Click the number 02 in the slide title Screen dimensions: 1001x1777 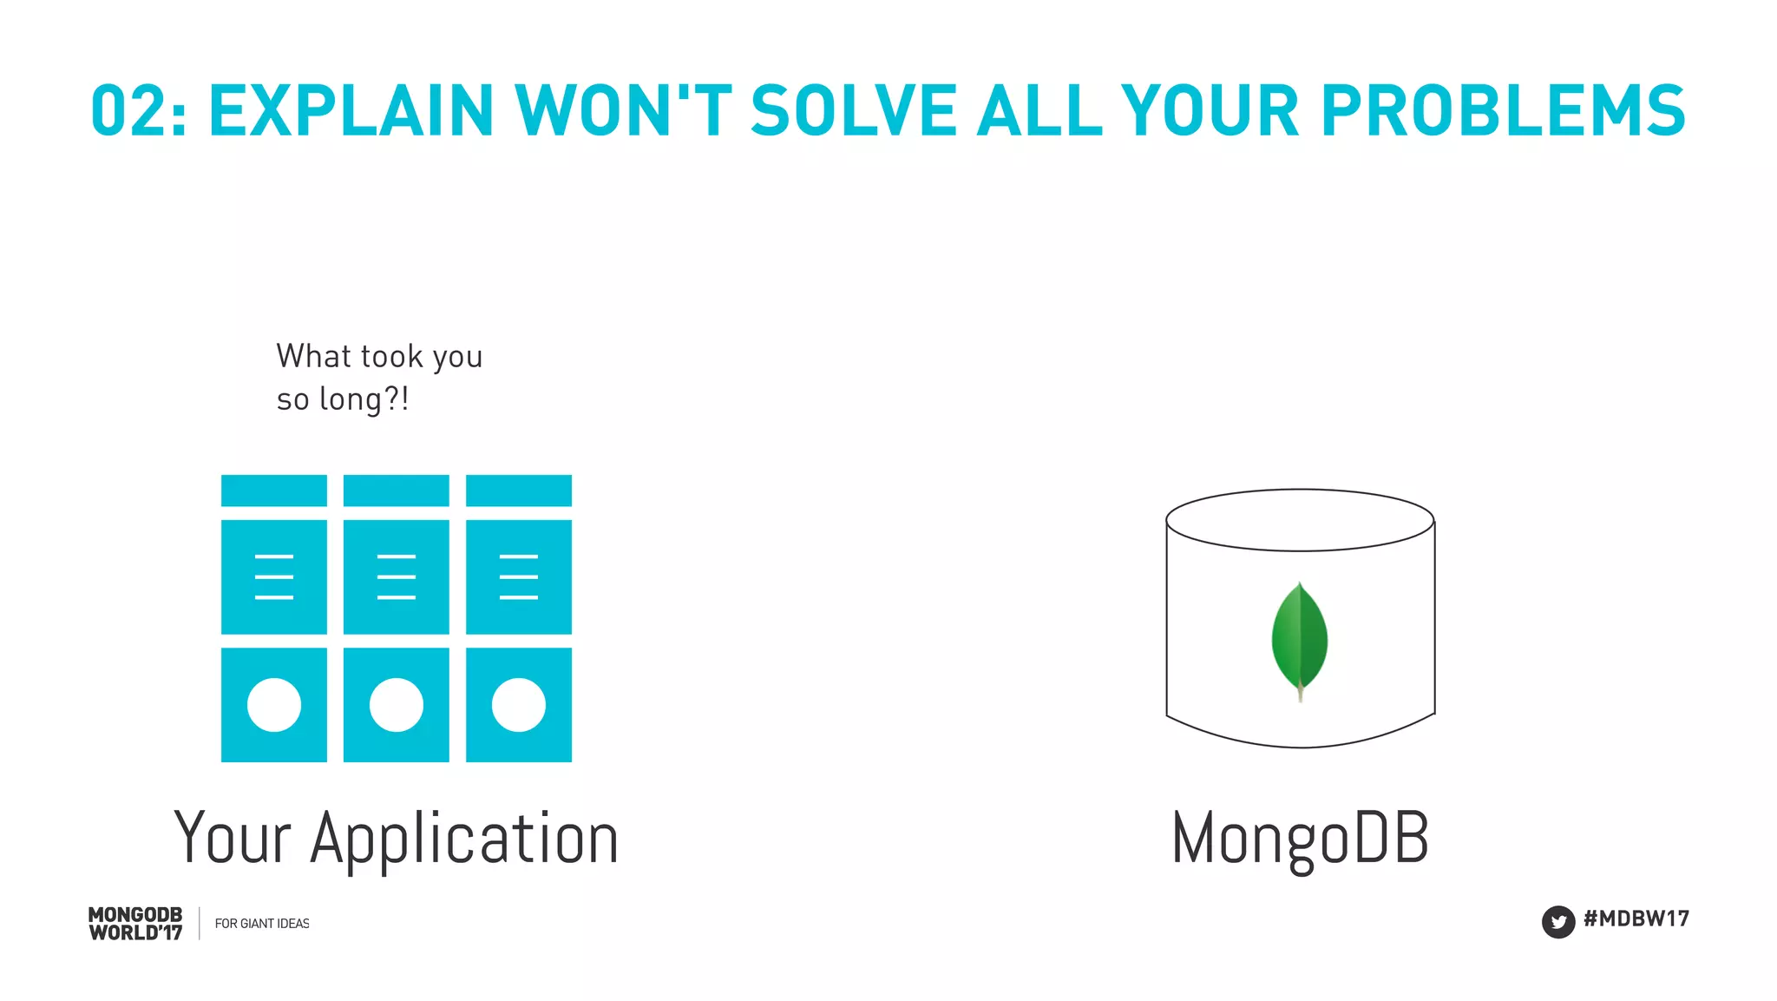click(127, 111)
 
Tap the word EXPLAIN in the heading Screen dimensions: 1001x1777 click(351, 111)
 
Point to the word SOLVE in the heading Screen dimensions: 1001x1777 click(854, 111)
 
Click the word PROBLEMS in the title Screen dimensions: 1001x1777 click(1502, 111)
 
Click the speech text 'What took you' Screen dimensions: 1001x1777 click(379, 357)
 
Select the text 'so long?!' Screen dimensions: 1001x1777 click(342, 399)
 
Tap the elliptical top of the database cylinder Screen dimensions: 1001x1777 click(1300, 520)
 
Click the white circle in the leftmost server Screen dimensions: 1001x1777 click(274, 705)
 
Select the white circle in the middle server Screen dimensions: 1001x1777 click(397, 705)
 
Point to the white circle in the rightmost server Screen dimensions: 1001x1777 click(519, 705)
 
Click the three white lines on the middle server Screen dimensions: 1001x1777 click(397, 576)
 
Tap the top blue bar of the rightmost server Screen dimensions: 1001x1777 click(519, 491)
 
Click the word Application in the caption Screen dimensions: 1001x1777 click(464, 839)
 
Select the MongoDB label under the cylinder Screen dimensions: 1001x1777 click(1300, 839)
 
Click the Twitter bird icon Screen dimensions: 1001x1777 click(1557, 922)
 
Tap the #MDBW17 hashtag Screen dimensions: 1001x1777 click(1636, 919)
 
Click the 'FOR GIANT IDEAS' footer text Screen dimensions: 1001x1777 click(262, 924)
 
